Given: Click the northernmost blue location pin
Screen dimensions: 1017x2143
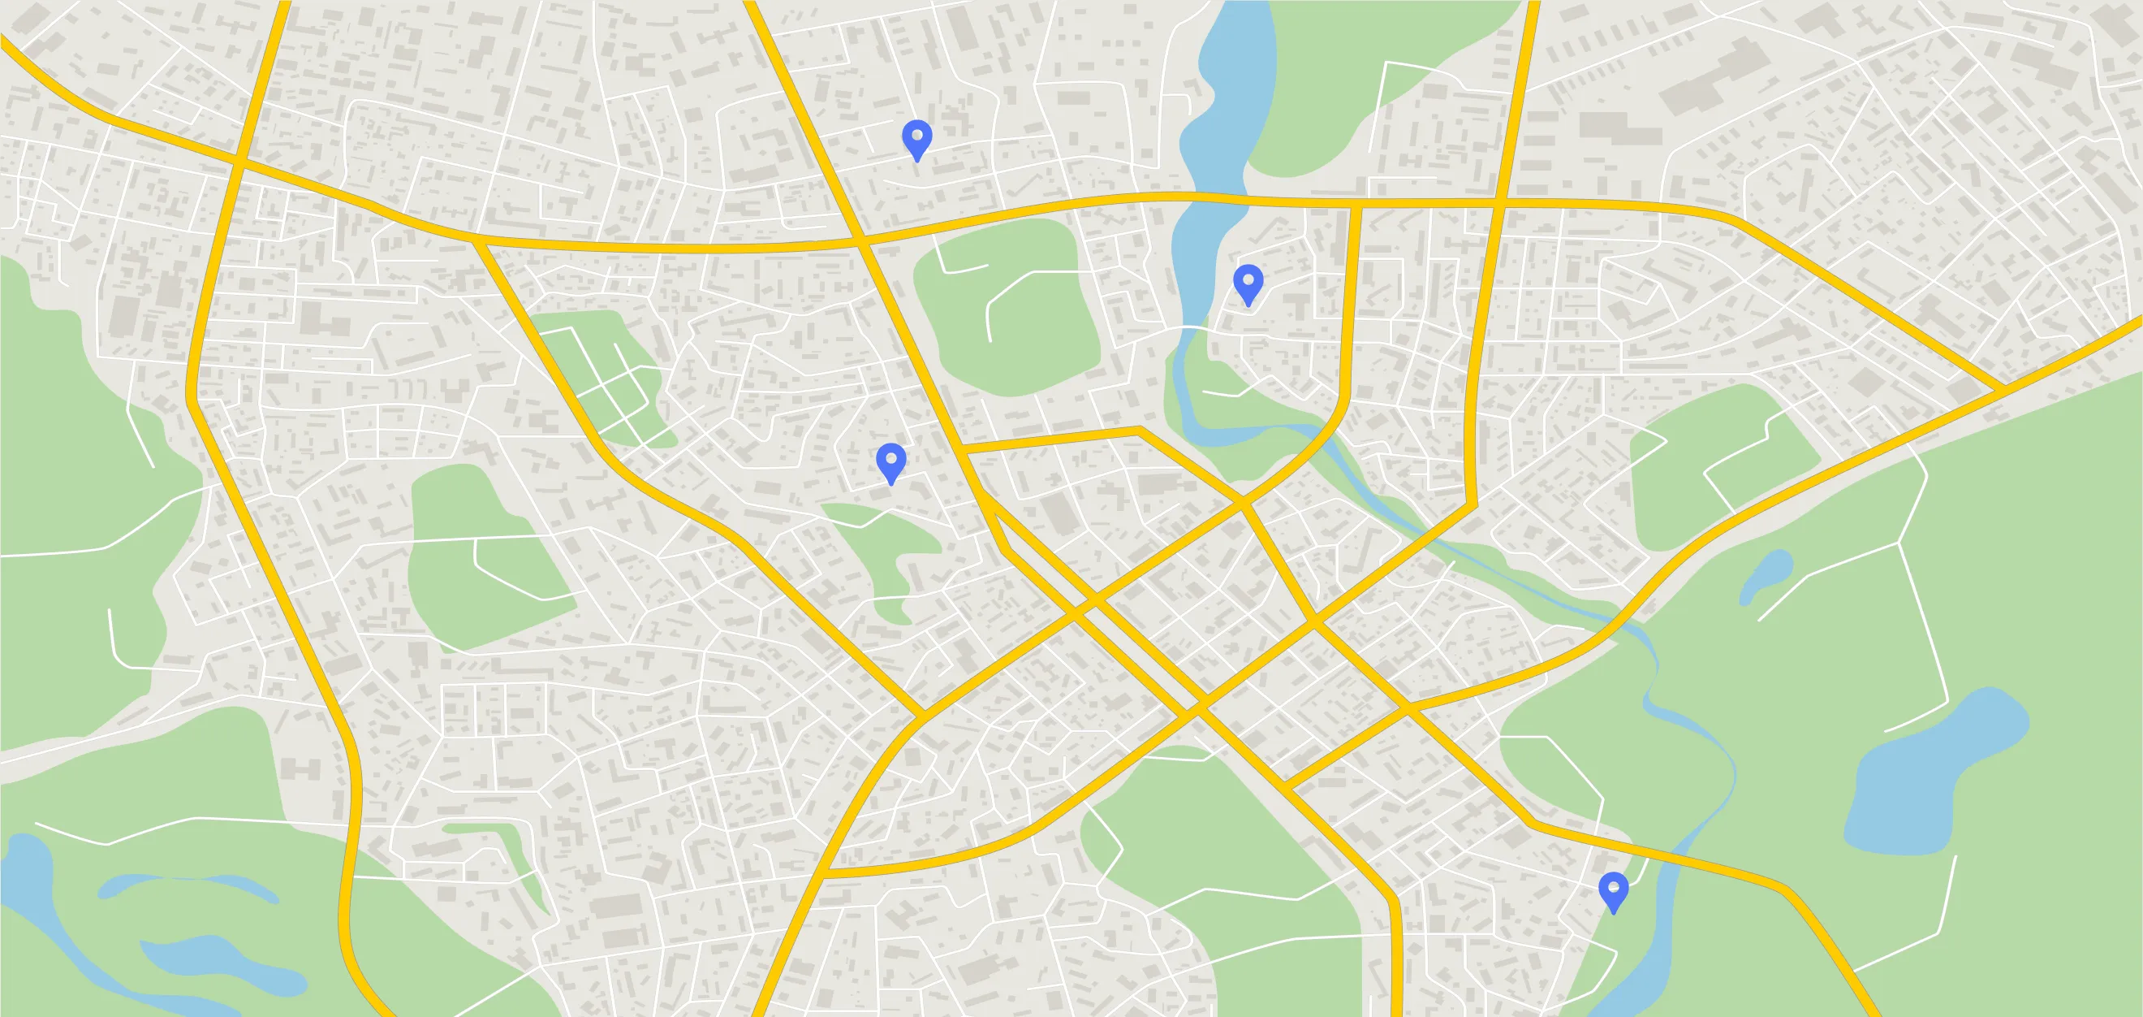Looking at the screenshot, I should (916, 137).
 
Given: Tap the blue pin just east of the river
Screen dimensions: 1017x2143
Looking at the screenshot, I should (1248, 282).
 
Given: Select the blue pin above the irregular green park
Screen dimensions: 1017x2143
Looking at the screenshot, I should (891, 461).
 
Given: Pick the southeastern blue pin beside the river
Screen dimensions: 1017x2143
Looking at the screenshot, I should (1613, 889).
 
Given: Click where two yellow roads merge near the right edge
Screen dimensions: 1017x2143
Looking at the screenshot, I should (2000, 388).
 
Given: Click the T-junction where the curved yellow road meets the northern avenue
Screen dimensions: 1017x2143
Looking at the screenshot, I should (1354, 204).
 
